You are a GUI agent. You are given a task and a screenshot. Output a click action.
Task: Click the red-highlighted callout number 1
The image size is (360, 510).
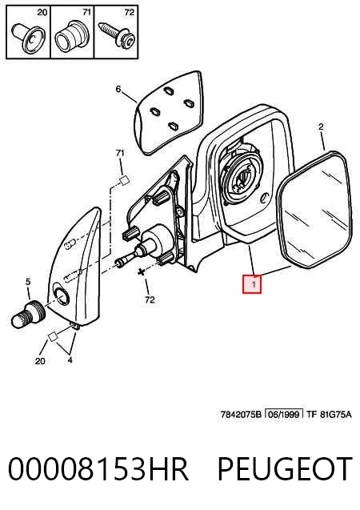click(252, 284)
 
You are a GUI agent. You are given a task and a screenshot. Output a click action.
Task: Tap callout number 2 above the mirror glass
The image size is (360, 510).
click(321, 126)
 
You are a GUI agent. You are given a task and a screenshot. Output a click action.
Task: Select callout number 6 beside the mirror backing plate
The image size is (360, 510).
click(118, 89)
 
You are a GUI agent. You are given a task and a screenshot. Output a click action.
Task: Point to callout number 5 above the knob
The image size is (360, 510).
click(28, 282)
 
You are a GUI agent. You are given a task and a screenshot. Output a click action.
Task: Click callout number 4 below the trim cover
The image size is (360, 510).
click(70, 360)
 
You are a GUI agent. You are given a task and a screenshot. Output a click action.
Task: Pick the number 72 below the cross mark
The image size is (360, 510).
click(150, 299)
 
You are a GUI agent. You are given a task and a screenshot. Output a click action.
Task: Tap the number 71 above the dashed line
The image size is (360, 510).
click(120, 153)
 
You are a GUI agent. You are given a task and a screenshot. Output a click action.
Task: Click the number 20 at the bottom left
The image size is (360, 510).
click(40, 361)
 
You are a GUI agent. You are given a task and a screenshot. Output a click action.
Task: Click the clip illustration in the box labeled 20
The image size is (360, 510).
click(29, 38)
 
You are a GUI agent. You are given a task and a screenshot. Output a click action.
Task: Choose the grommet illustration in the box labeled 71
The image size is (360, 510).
click(70, 37)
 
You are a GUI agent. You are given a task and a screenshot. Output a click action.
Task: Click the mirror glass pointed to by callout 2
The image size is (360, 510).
click(314, 209)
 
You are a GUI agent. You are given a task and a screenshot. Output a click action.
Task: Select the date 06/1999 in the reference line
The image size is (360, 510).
click(284, 414)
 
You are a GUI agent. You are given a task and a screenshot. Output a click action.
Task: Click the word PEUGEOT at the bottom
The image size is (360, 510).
click(285, 468)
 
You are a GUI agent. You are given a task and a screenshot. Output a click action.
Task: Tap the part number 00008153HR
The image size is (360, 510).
click(98, 468)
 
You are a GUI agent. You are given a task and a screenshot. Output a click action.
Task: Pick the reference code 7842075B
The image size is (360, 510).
click(241, 415)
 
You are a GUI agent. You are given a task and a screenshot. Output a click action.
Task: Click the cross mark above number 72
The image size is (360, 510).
click(141, 272)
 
